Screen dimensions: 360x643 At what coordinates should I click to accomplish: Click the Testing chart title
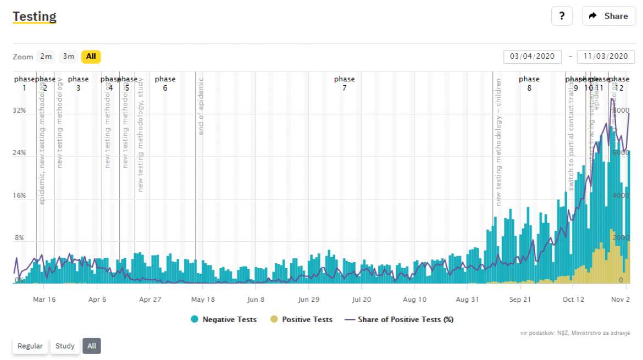click(35, 16)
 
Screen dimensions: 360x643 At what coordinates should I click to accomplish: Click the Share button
click(608, 16)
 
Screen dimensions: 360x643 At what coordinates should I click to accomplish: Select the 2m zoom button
click(46, 57)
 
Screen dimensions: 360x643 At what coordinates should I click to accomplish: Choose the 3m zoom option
click(69, 57)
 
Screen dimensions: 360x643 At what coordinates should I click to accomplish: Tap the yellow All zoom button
click(91, 57)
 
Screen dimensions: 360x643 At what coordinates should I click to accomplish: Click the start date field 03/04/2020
click(533, 57)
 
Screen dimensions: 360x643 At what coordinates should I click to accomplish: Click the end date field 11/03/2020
click(606, 57)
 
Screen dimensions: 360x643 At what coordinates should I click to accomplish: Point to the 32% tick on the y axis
click(19, 110)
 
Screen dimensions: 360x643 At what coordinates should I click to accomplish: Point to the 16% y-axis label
click(19, 196)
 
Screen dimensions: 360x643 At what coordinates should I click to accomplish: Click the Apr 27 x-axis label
click(149, 300)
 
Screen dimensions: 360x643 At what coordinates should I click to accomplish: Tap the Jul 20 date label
click(361, 300)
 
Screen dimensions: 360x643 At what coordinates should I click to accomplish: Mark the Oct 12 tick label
click(573, 300)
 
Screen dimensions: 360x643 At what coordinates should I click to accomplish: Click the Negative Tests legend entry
click(224, 319)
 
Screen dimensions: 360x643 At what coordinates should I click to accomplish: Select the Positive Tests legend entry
click(302, 319)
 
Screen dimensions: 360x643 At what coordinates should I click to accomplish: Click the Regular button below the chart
click(30, 346)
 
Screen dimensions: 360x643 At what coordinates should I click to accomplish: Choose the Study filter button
click(65, 346)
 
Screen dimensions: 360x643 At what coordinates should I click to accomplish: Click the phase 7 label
click(345, 84)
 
